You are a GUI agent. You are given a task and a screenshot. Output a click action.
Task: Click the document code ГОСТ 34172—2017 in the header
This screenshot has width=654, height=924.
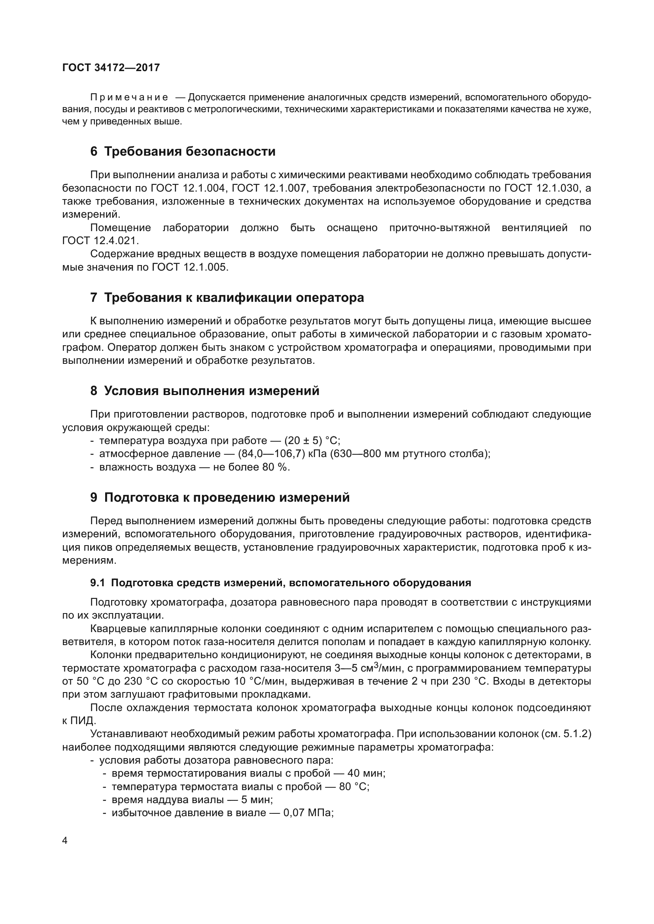coord(111,68)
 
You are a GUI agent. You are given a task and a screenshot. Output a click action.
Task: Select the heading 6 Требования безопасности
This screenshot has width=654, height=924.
coord(183,152)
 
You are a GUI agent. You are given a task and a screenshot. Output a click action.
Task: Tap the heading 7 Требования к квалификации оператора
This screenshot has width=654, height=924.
coord(227,298)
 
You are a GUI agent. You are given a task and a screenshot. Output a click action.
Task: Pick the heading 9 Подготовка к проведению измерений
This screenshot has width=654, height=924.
coord(220,498)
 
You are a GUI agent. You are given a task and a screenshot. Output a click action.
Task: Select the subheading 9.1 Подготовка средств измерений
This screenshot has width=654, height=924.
coord(280,583)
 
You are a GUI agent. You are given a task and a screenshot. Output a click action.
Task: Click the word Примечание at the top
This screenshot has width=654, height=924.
coord(129,98)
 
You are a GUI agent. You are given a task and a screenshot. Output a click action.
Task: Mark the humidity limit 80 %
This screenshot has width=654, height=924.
coord(276,467)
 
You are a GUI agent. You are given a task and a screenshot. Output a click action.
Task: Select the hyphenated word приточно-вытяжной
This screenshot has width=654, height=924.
coord(439,228)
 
